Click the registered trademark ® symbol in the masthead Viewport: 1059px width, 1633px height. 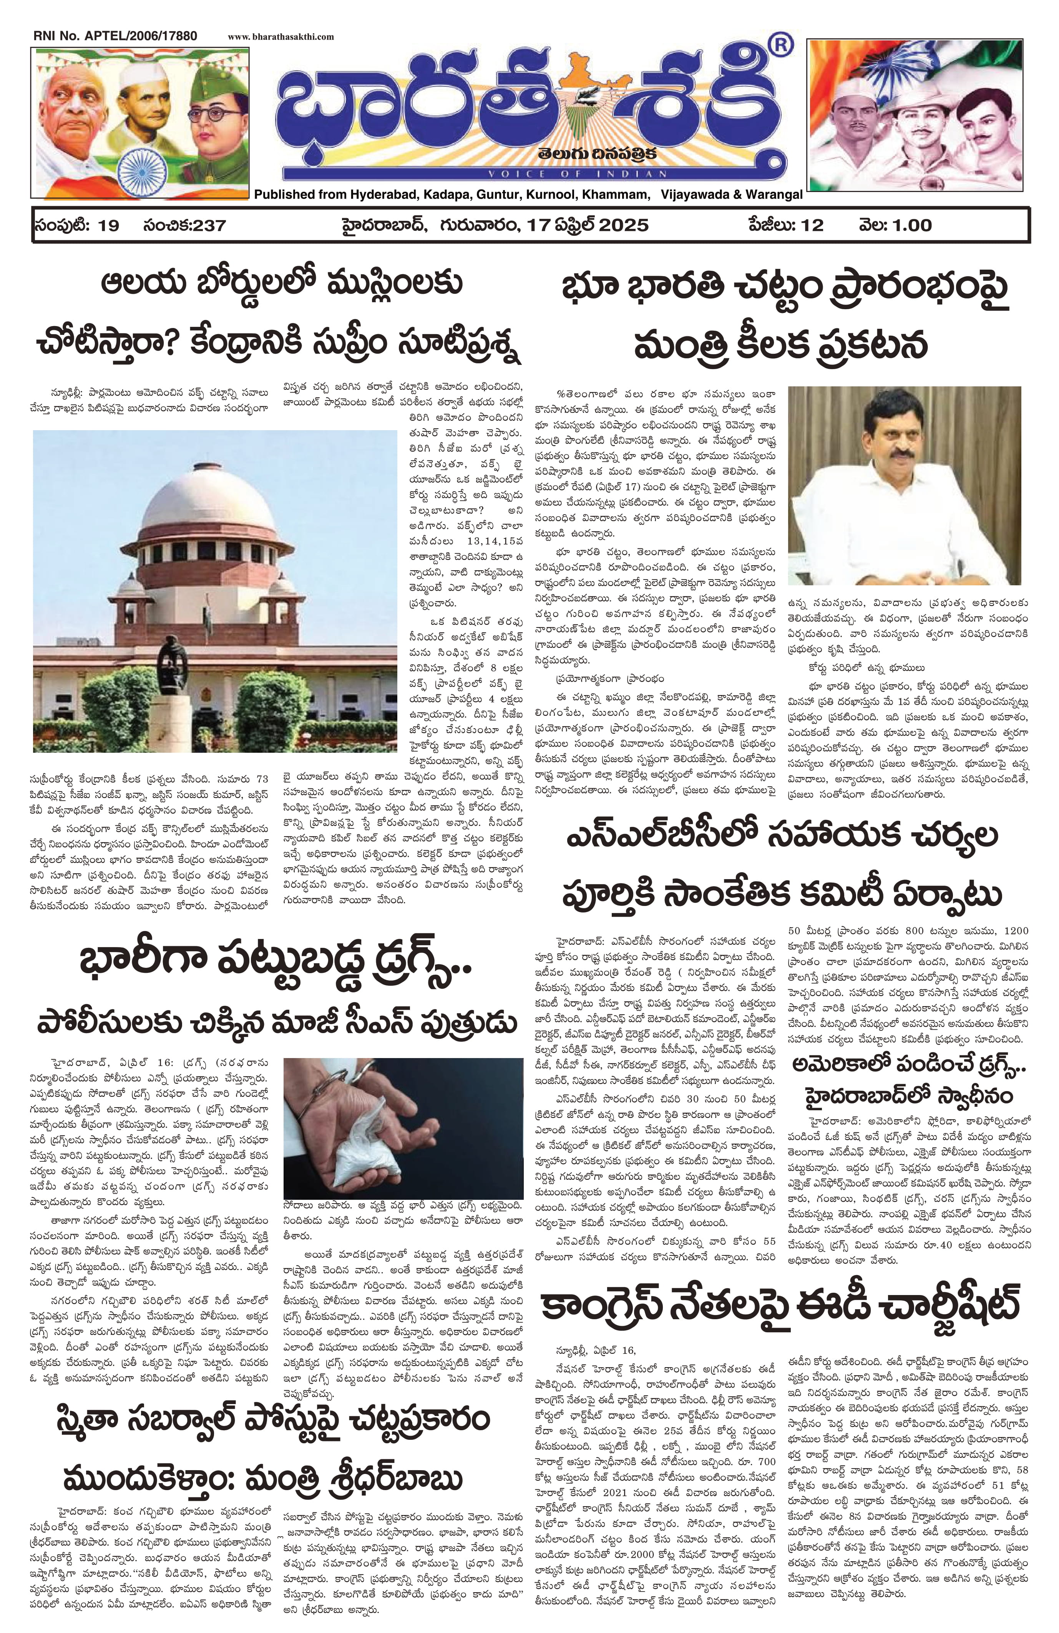[x=780, y=46]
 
